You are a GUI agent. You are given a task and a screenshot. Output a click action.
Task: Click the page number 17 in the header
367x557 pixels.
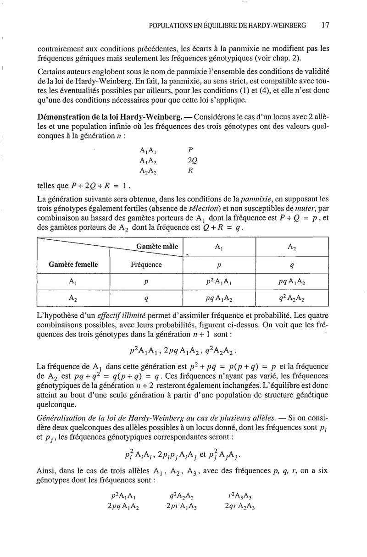coord(325,26)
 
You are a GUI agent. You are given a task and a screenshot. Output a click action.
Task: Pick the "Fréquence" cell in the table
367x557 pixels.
coord(146,265)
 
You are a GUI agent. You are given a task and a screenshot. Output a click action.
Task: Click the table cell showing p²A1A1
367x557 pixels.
coord(218,282)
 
